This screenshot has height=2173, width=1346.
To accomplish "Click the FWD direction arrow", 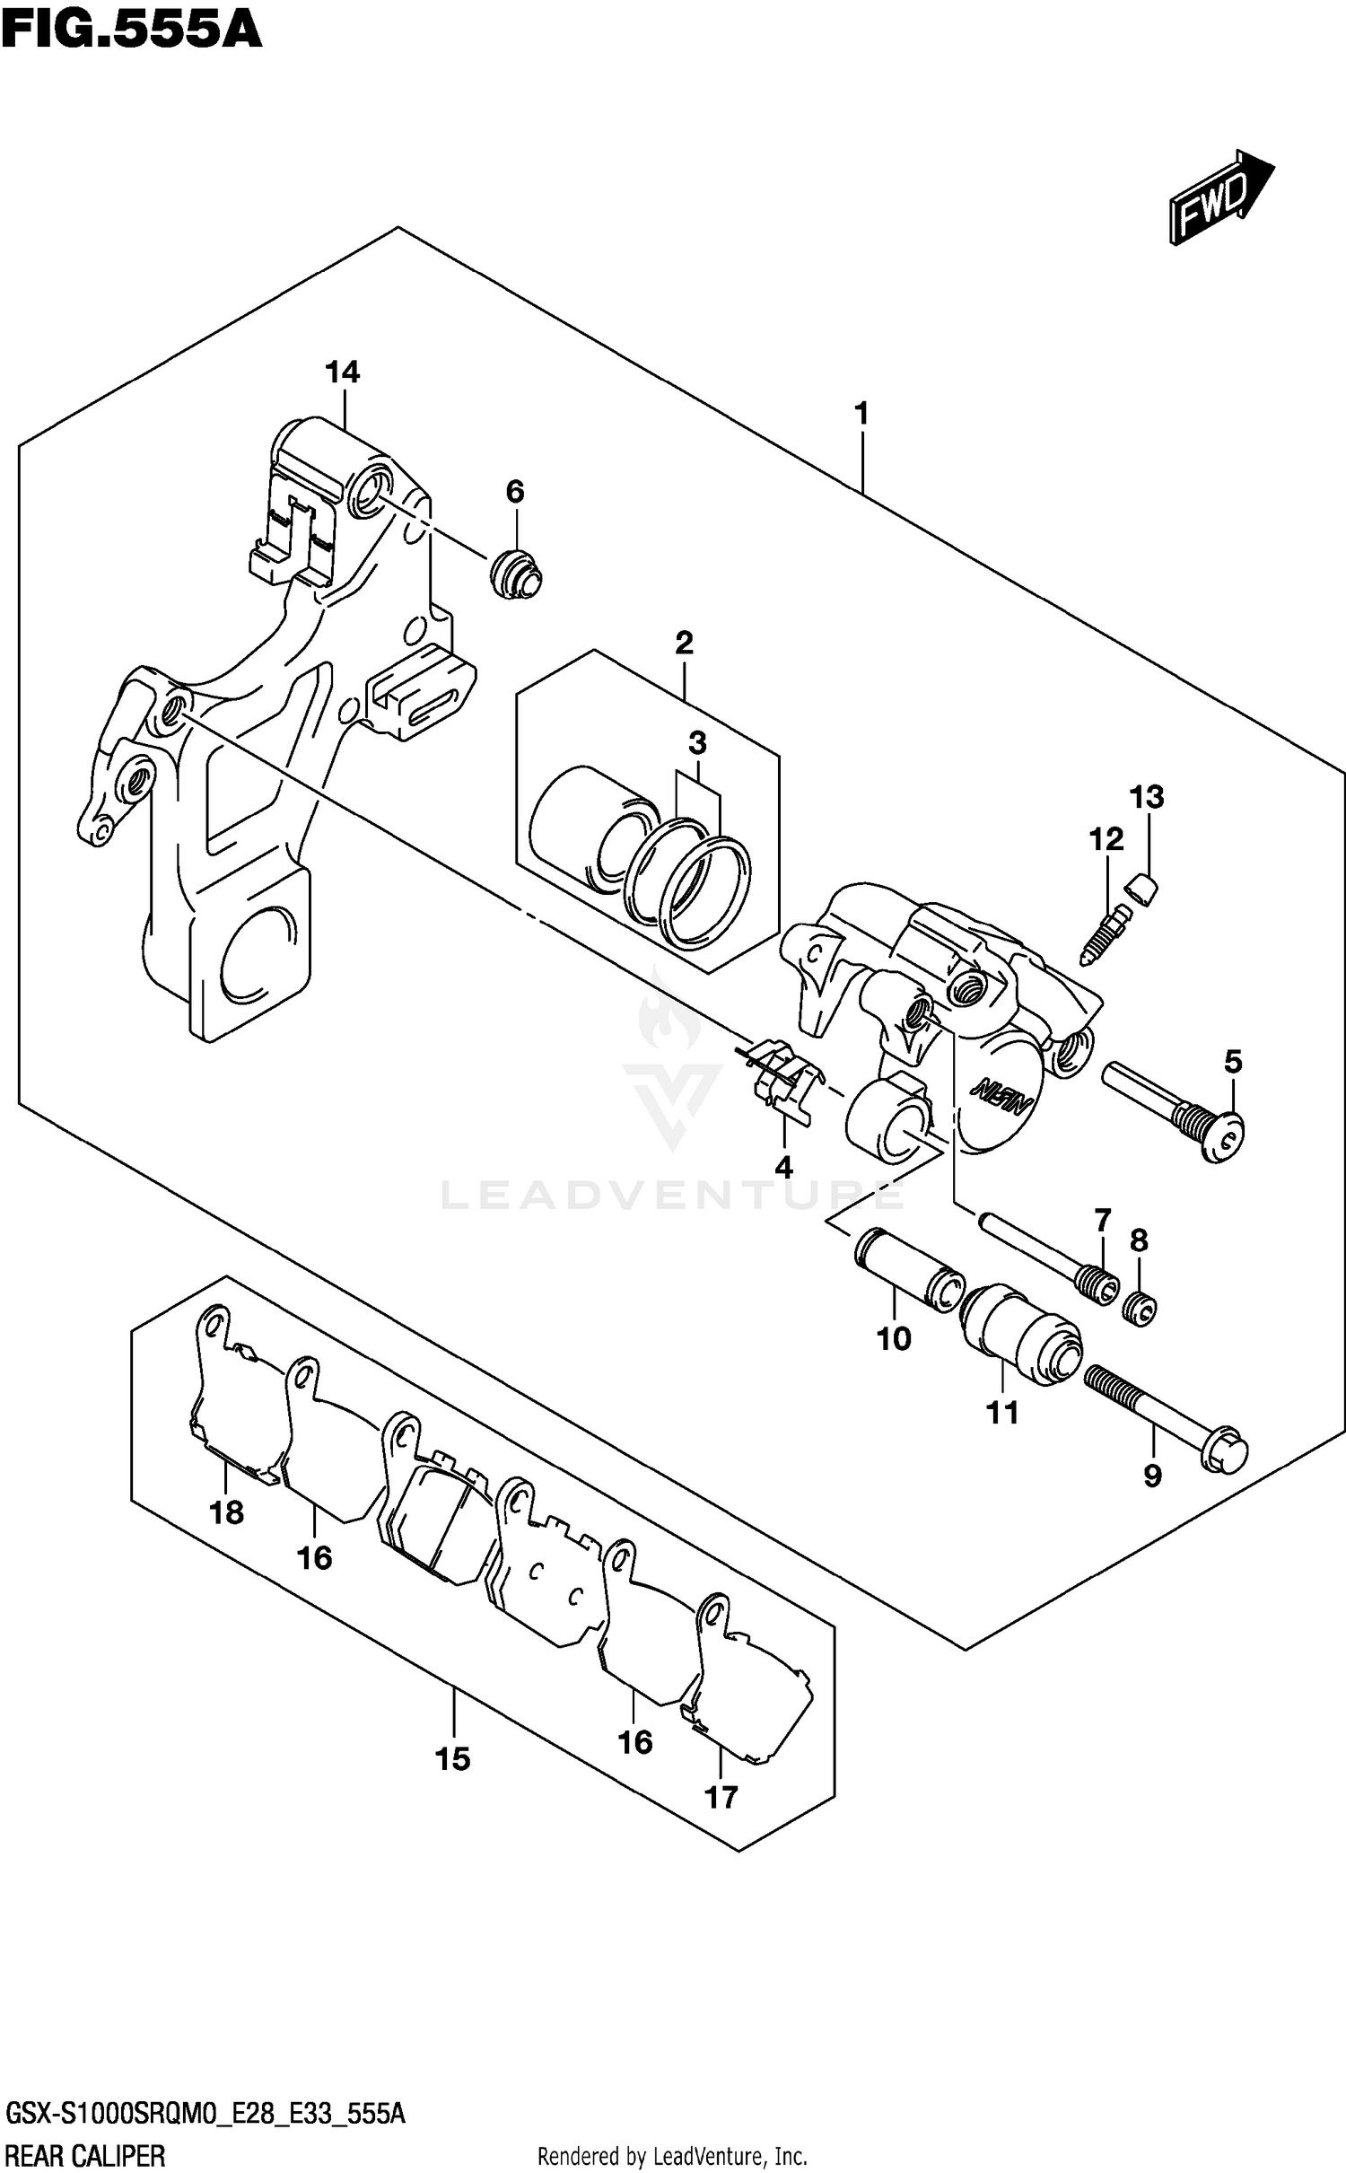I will (1219, 197).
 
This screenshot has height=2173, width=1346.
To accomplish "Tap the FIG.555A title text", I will (131, 29).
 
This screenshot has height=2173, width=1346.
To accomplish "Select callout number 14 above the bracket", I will (342, 372).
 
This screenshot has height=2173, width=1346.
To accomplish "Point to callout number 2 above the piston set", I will (684, 643).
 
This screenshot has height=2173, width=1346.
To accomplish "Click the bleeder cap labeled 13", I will (1141, 888).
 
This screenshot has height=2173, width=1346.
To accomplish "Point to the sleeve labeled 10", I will (906, 1270).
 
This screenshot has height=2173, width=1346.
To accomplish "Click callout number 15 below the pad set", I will (452, 1758).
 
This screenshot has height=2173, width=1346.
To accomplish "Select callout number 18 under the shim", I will (226, 1512).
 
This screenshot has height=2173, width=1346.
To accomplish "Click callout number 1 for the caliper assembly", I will (861, 415).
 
